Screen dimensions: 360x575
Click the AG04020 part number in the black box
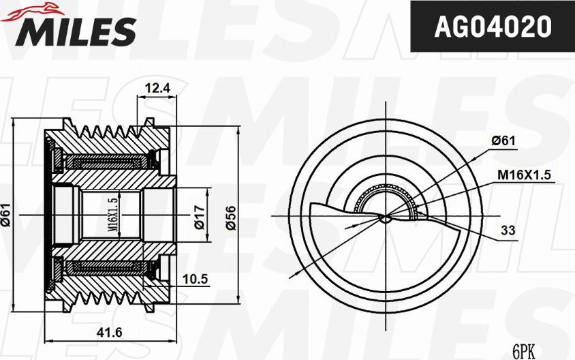tap(492, 27)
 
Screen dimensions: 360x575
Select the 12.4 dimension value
tap(157, 87)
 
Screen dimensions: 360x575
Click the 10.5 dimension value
tap(195, 279)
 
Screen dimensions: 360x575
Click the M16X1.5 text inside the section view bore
tap(114, 213)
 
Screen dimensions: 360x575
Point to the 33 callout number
tap(508, 230)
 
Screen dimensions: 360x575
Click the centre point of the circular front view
tap(386, 217)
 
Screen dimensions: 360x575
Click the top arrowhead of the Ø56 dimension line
tap(238, 130)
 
